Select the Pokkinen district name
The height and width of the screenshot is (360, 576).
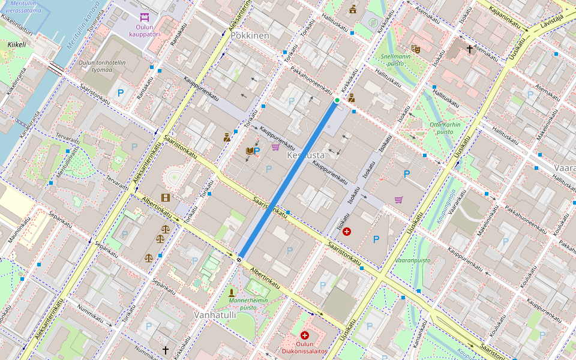point(250,36)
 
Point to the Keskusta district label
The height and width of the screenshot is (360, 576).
point(305,155)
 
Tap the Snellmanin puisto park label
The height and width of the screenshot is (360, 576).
point(396,59)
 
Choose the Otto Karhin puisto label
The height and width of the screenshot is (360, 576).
point(441,128)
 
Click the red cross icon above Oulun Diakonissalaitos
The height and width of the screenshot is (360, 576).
point(304,335)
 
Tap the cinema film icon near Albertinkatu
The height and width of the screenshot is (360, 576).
point(165,197)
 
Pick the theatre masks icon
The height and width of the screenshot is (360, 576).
point(415,48)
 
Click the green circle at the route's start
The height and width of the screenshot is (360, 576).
point(337,100)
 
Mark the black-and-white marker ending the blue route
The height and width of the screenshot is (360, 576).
point(239,259)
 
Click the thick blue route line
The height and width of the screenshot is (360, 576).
point(288,180)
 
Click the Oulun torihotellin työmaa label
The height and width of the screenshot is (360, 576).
point(102,66)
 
